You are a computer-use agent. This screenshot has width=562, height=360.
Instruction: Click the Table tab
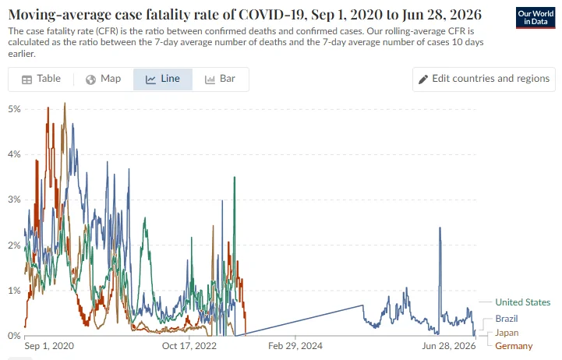coord(41,79)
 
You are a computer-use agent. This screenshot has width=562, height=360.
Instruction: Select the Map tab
coord(103,79)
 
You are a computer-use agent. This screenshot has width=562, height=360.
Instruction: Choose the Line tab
coord(163,79)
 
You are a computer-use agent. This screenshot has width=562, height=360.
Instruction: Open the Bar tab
coord(220,79)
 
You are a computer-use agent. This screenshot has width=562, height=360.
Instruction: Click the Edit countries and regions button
coord(484,79)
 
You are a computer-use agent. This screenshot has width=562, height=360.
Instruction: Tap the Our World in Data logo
coord(535,18)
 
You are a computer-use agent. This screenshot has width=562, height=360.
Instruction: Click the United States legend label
coord(522,302)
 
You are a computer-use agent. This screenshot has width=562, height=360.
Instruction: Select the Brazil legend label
coord(507,319)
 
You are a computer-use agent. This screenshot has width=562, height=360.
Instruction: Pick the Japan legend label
coord(507,333)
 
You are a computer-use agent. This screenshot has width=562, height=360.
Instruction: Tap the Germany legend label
coord(514,346)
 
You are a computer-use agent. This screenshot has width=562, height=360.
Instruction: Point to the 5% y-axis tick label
coord(14,109)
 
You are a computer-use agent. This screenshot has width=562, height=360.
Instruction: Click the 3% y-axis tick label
coord(14,199)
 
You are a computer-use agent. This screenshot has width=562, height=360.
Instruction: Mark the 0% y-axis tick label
coord(14,336)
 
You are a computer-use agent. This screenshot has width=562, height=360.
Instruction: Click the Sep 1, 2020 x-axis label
coord(49,346)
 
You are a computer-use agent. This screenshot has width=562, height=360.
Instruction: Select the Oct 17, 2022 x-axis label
coord(189,346)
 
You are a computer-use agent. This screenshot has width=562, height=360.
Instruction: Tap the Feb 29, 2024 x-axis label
coord(295,346)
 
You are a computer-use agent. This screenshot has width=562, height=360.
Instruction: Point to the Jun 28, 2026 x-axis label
coord(449,346)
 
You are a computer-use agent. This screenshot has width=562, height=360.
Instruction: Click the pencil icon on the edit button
coord(423,79)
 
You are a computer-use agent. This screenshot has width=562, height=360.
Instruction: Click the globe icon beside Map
coord(90,79)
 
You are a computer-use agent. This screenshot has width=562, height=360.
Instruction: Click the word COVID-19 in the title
coord(271,14)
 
